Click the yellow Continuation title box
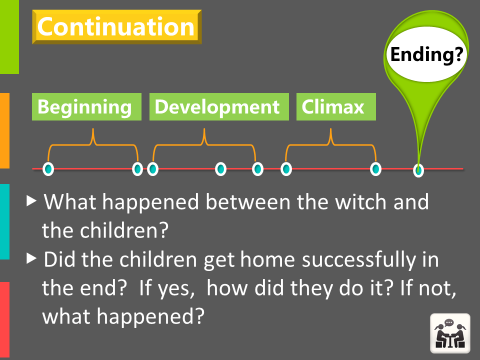pyautogui.click(x=116, y=27)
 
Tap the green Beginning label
pyautogui.click(x=86, y=106)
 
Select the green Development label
pyautogui.click(x=219, y=106)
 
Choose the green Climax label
pyautogui.click(x=336, y=106)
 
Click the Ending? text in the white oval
pyautogui.click(x=426, y=54)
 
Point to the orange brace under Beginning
pyautogui.click(x=93, y=144)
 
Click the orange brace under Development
pyautogui.click(x=204, y=144)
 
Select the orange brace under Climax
pyautogui.click(x=330, y=144)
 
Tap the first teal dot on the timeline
pyautogui.click(x=48, y=169)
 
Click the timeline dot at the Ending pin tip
pyautogui.click(x=418, y=170)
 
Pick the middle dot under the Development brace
pyautogui.click(x=220, y=169)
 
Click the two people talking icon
pyautogui.click(x=450, y=333)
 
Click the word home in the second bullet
pyautogui.click(x=267, y=259)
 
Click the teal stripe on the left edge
pyautogui.click(x=4, y=221)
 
